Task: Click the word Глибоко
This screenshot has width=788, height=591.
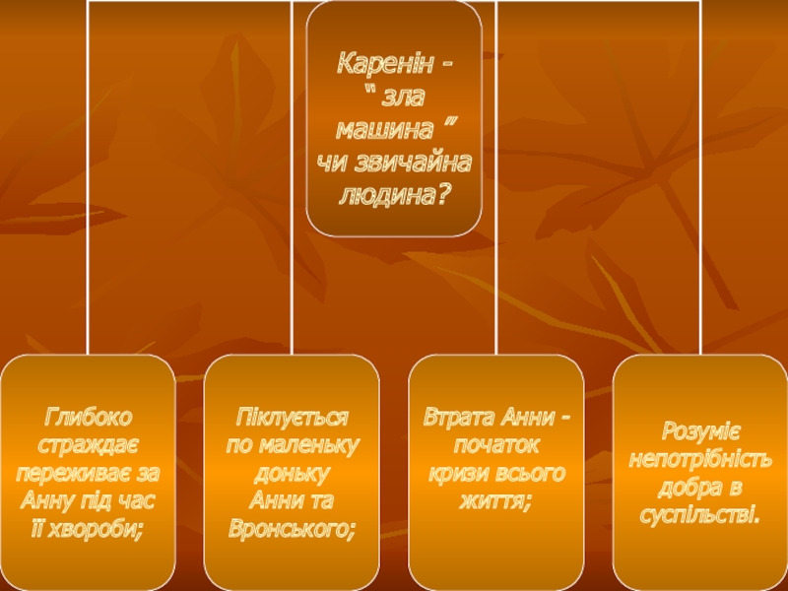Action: point(87,416)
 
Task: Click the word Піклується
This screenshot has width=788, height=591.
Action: point(293,416)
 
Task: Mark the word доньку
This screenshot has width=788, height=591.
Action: point(293,473)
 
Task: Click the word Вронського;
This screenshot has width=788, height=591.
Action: point(293,530)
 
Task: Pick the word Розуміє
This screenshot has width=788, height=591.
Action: point(699,430)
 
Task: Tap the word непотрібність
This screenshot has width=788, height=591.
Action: point(700,459)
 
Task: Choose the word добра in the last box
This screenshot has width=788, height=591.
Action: point(686,488)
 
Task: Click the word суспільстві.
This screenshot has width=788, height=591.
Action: point(700,516)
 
